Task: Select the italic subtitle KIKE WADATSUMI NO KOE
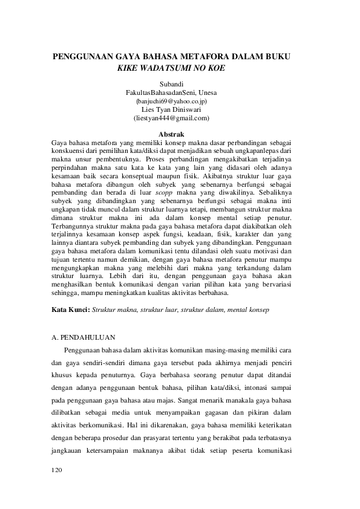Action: pos(171,68)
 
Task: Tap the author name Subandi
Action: pos(171,83)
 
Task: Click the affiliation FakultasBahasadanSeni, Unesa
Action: pos(171,92)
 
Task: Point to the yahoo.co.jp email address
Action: pos(172,101)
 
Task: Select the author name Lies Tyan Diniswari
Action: pos(171,109)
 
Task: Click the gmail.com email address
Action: pos(171,118)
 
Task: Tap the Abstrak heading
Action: pos(171,133)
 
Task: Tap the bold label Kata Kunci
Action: pos(71,310)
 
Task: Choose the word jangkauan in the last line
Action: pos(71,452)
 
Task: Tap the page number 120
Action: pos(58,469)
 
